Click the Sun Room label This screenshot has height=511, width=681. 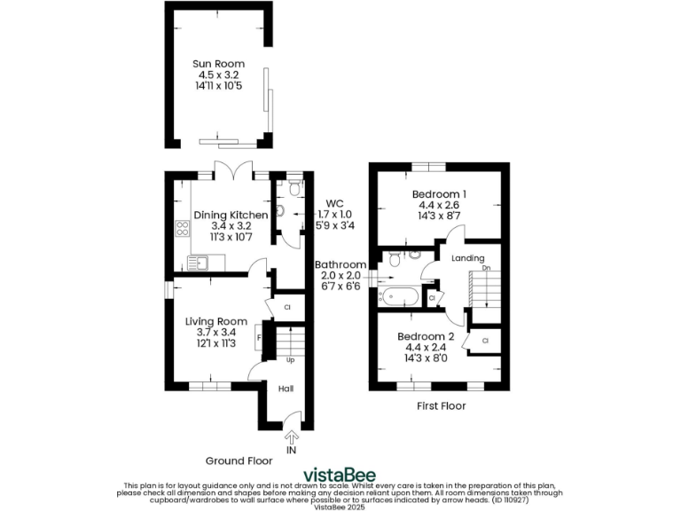coord(219,64)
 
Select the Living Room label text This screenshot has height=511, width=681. coord(216,321)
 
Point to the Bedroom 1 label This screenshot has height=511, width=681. coord(439,194)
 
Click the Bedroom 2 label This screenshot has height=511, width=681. coord(426,337)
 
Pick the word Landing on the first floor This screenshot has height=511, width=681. coord(468,258)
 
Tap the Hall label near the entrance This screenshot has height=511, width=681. coord(286,389)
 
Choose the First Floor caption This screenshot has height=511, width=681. coord(441,405)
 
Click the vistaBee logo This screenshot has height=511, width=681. coord(339,474)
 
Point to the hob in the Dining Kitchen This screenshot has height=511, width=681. coord(183,227)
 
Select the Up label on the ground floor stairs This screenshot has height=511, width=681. coord(290,361)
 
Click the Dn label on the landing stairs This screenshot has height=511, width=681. coord(485,267)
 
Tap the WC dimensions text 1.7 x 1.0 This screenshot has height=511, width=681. coord(334,214)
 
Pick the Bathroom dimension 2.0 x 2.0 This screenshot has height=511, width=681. coord(340,276)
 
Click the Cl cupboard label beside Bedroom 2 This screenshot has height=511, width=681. coord(486,341)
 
